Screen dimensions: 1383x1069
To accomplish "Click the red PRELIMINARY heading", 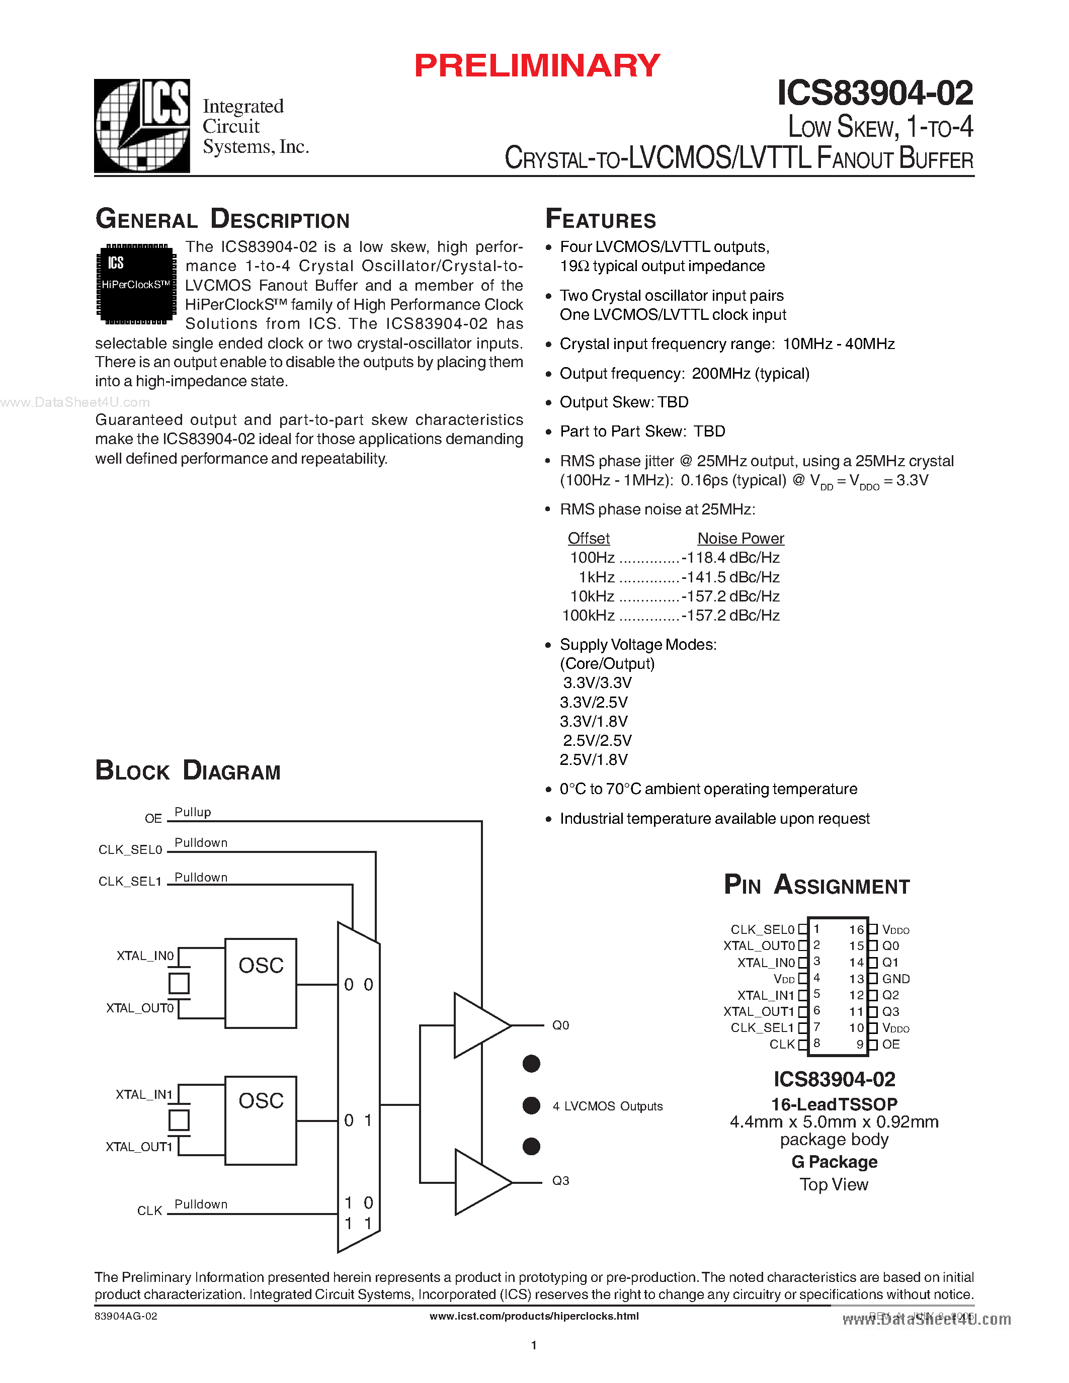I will click(x=537, y=66).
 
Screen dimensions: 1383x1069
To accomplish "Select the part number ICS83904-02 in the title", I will click(x=875, y=93).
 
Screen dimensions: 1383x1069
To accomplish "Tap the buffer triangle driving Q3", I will click(x=480, y=1182).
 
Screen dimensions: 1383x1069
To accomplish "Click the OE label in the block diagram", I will click(x=153, y=819).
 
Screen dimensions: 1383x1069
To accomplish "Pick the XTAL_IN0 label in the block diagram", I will click(x=145, y=956).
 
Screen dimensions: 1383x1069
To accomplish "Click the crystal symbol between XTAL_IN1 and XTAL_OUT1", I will click(x=179, y=1120).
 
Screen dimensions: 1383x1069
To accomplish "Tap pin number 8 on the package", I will click(x=817, y=1043).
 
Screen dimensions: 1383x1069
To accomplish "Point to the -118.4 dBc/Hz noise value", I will click(x=730, y=558).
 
